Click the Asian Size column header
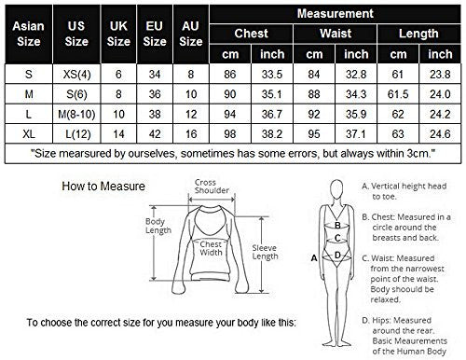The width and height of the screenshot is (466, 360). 29,34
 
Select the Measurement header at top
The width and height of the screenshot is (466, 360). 336,14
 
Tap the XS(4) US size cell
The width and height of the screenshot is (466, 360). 76,75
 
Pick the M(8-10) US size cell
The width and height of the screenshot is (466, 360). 76,115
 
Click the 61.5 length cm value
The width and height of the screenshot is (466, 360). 398,94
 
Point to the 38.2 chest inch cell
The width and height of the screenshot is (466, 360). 272,134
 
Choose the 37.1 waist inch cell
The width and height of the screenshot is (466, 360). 356,134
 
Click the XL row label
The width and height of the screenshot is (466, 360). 29,134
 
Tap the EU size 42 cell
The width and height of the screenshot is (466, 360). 155,134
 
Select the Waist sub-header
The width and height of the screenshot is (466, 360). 336,34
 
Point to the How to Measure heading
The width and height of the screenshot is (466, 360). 103,187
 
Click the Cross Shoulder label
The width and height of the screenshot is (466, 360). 212,187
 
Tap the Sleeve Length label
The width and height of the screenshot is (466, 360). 265,252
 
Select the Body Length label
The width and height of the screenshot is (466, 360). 158,226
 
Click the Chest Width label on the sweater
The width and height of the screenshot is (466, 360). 211,248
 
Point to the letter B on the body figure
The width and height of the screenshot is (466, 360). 337,225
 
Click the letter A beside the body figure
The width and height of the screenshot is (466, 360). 314,258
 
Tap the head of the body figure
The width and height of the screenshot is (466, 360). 336,189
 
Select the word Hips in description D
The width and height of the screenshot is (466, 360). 381,320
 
